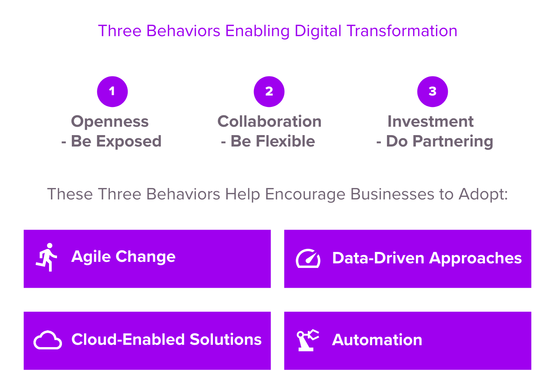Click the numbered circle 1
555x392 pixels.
(112, 91)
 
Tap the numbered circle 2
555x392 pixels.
(269, 91)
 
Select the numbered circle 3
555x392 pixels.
(433, 91)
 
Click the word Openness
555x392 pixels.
(110, 122)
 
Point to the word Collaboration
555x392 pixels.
(270, 122)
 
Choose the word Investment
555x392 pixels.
(430, 122)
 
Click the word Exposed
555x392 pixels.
(129, 142)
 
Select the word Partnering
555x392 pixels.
(453, 142)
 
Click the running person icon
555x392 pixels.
(47, 257)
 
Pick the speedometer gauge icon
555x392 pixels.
(308, 258)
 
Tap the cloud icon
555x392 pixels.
(48, 340)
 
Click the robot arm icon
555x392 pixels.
(307, 340)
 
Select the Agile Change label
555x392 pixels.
(123, 257)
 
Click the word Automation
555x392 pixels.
(377, 340)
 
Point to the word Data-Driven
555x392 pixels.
(378, 258)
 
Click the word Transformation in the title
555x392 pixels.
(402, 31)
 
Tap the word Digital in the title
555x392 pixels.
(318, 31)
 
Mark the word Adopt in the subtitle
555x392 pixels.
(483, 194)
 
